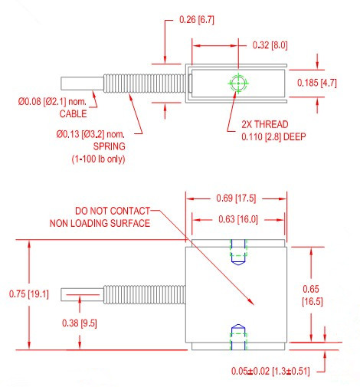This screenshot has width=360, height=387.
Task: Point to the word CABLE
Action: click(x=74, y=114)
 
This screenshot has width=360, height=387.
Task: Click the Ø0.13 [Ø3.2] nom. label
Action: click(x=91, y=135)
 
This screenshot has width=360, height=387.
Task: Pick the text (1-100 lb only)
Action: click(x=93, y=159)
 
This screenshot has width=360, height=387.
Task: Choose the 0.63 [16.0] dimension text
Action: click(x=237, y=221)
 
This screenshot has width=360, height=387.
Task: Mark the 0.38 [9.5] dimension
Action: click(x=79, y=323)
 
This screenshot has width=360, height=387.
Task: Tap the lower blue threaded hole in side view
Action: click(x=237, y=336)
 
